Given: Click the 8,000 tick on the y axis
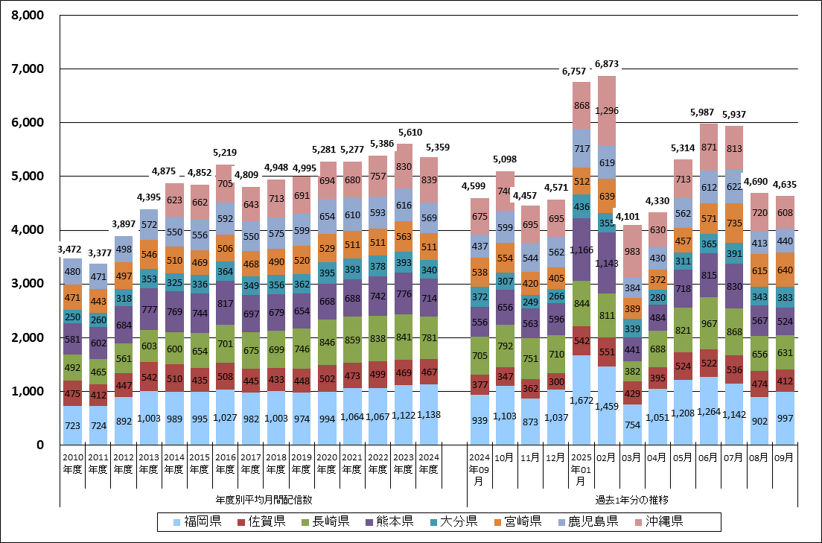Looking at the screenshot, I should coord(27,15).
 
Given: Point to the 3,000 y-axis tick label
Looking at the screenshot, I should coord(27,284).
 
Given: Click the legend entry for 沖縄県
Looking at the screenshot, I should coord(659,521).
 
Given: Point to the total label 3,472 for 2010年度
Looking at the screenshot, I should coord(72,250).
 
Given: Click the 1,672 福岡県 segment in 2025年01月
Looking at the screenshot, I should coord(582,400).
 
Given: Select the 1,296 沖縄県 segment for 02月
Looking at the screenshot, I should coord(607,111).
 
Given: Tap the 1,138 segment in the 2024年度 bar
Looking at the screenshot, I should coord(428,415).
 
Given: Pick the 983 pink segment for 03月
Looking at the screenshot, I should coord(632,252).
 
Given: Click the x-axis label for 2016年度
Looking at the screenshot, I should coord(225,464).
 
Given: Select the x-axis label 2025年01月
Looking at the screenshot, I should coord(582,470).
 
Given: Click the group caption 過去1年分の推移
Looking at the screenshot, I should coord(633,499).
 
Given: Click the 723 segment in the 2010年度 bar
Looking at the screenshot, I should coord(72,425).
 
